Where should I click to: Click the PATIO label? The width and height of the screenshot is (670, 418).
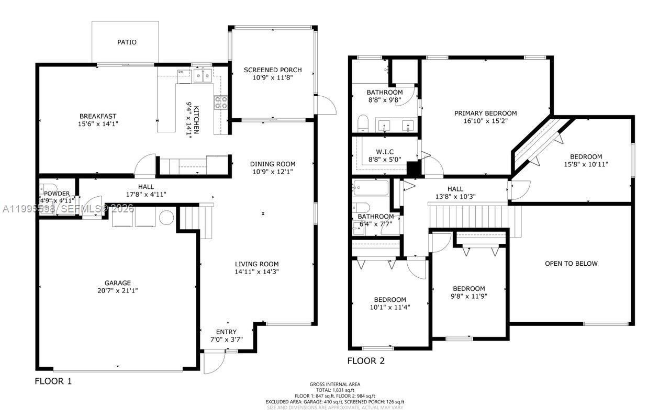coord(127,42)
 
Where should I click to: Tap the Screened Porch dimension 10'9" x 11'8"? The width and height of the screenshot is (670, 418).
coord(273,77)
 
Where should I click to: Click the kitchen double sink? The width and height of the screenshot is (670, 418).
coord(203,76)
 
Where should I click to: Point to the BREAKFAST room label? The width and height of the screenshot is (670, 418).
coord(98,116)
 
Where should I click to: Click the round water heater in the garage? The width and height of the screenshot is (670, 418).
coord(166,218)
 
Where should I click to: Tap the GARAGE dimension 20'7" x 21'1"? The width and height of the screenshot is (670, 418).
coord(117,290)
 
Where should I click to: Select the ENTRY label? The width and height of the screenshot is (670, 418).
coord(226,332)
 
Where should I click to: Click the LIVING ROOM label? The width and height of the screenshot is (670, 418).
coord(256,264)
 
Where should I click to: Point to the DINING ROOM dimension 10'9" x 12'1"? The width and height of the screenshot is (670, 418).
coord(273,172)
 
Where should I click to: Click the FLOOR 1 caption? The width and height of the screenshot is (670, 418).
coord(53,381)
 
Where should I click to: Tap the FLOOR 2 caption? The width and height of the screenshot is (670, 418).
coord(366,360)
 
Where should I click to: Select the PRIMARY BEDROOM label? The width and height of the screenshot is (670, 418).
coord(485,113)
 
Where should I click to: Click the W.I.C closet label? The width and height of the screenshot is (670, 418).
coord(384,152)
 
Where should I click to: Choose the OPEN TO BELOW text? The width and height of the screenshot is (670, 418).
coord(571,263)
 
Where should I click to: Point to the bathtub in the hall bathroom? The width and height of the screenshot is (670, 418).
coord(370,187)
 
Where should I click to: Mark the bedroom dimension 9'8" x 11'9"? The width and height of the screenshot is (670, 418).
coord(468,296)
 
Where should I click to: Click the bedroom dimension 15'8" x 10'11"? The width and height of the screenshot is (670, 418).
coord(586,164)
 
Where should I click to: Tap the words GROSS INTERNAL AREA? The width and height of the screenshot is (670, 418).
coord(334,385)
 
